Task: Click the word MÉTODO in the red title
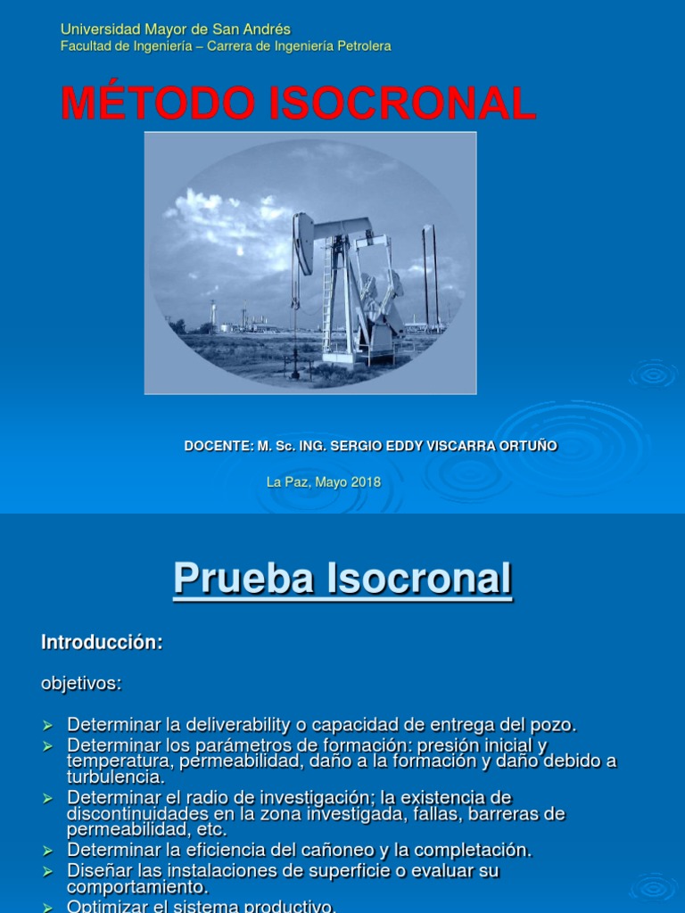coord(158,103)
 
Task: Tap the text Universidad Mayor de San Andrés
coord(176,29)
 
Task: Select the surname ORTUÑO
coord(532,446)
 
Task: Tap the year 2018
coord(366,482)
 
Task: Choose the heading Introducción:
coord(103,643)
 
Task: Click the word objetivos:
coord(81,684)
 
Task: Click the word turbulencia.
coord(116,777)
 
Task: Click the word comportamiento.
coord(136,888)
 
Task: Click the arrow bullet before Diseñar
coord(48,871)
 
